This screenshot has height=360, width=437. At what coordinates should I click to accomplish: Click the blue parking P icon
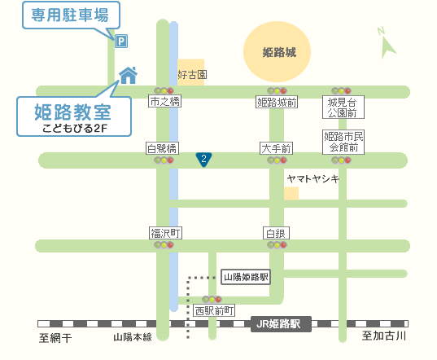tap(121, 40)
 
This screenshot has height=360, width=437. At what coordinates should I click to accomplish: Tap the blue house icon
tap(128, 75)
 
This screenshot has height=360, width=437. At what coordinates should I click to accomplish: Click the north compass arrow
tap(387, 43)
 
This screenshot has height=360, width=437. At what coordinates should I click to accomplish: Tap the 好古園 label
tap(192, 75)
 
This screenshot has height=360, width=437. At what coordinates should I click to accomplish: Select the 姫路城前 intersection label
tap(277, 102)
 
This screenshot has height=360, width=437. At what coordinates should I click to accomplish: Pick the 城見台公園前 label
tap(343, 107)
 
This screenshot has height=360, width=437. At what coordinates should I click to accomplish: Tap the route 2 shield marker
tap(204, 160)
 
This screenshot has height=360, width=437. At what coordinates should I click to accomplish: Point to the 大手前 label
tap(277, 148)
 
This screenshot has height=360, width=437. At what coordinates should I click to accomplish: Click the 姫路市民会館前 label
tap(343, 142)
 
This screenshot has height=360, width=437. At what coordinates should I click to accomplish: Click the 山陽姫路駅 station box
tap(246, 277)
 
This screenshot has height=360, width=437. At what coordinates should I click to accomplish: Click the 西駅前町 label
tap(215, 310)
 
